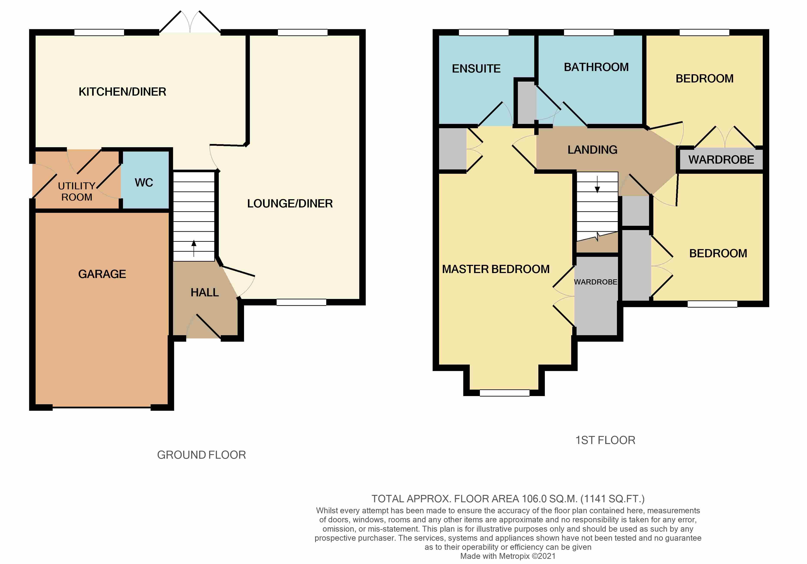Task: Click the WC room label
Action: click(x=144, y=182)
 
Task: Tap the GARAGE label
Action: click(x=102, y=274)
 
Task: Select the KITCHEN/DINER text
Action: click(x=122, y=92)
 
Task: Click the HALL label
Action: click(x=205, y=292)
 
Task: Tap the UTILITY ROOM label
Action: click(x=77, y=191)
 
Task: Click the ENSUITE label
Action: click(x=476, y=69)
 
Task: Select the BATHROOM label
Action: click(x=596, y=67)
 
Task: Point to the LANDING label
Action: click(x=592, y=150)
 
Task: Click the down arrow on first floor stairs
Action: click(x=597, y=184)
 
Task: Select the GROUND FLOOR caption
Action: click(x=201, y=455)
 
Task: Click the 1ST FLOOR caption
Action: click(x=605, y=440)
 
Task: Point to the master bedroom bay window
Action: click(x=504, y=393)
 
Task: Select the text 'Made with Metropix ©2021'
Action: click(x=508, y=556)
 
